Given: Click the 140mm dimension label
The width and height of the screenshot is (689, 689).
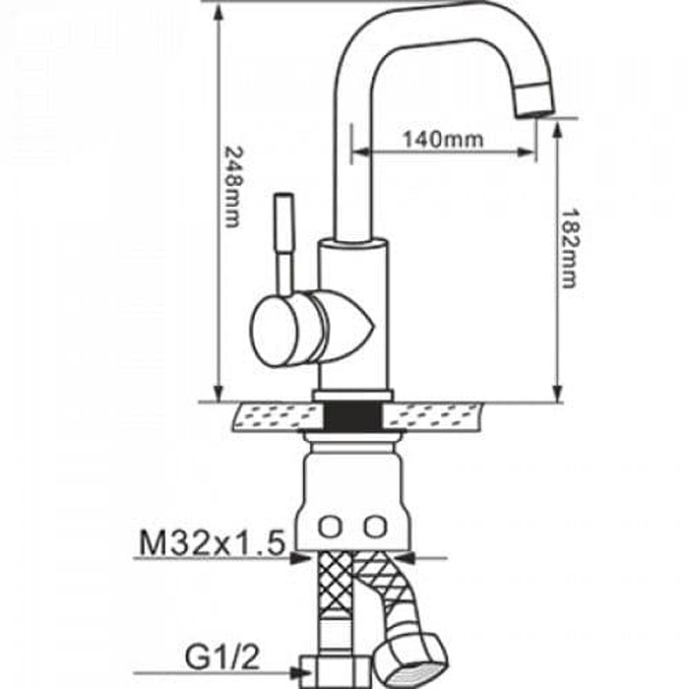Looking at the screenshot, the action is coord(443,140).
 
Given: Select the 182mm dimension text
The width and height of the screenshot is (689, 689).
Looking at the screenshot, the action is coord(570,248).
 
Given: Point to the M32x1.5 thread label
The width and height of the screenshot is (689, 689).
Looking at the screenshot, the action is coord(213,542).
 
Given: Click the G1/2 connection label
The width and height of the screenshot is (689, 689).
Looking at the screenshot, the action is coord(222,657).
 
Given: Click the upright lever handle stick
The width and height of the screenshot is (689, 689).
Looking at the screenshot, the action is coord(284,244).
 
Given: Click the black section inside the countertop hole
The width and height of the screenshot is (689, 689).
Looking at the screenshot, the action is coord(352,416).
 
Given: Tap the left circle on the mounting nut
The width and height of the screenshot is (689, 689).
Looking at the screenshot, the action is coord(330,527).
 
